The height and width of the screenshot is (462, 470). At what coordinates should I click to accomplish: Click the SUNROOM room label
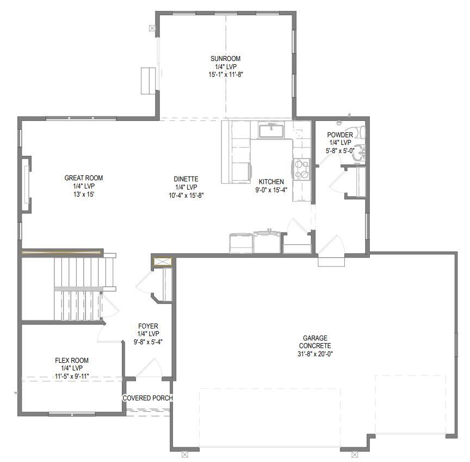click(225, 59)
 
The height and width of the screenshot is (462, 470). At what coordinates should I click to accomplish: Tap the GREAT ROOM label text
click(84, 178)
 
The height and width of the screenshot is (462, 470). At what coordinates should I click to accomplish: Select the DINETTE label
click(186, 179)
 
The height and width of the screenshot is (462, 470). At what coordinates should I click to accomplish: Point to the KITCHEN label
click(271, 182)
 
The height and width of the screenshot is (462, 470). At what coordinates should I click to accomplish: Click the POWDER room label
click(340, 135)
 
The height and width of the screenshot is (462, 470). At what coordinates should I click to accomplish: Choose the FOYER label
click(148, 326)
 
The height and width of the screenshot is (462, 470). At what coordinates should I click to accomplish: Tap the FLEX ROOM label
click(71, 361)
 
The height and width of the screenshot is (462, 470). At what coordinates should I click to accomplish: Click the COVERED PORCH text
click(147, 398)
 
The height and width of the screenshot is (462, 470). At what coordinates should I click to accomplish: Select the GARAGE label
click(315, 338)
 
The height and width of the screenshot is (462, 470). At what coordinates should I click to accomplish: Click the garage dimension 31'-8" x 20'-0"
click(315, 354)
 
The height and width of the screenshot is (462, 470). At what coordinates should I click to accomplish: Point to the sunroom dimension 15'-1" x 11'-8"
click(225, 75)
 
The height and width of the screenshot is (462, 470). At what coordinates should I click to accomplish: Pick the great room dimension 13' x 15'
click(84, 194)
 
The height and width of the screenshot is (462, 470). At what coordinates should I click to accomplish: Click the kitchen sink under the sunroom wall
click(270, 131)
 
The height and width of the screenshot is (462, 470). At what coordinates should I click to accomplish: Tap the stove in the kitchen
click(301, 168)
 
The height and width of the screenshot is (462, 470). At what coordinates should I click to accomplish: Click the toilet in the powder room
click(361, 132)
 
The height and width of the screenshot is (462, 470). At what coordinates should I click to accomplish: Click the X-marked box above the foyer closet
click(163, 262)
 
